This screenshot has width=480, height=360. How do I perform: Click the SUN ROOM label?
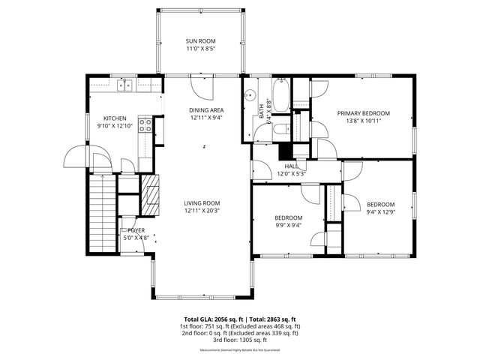coord(201,41)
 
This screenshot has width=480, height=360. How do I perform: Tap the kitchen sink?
coord(124,85)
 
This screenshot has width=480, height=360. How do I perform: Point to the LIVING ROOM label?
coord(202,202)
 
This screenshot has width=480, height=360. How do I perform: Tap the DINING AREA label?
coord(205,110)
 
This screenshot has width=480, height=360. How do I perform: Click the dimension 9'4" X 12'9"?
coord(380,212)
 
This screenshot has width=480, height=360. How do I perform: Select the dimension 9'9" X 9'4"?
coord(287,226)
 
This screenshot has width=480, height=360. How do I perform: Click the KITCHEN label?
coord(115,118)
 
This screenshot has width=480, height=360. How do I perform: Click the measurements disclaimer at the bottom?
coord(240,350)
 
